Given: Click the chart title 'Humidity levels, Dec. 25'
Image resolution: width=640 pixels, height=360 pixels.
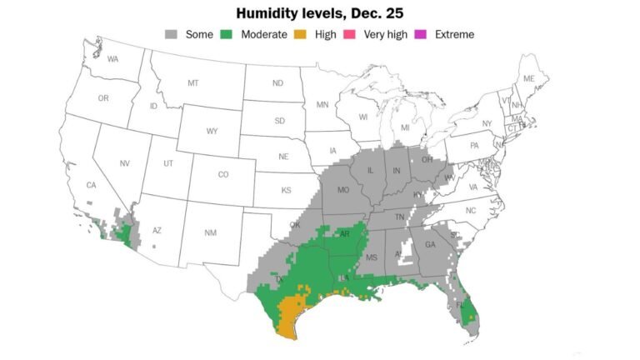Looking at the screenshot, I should pyautogui.click(x=320, y=13).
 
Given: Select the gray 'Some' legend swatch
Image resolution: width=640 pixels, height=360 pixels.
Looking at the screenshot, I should pyautogui.click(x=172, y=34).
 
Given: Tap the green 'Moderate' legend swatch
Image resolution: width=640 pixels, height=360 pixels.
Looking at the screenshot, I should pyautogui.click(x=227, y=34).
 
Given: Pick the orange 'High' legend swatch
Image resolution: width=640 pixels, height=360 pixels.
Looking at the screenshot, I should pyautogui.click(x=302, y=34).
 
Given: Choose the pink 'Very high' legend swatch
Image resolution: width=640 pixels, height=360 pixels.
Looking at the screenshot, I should pyautogui.click(x=350, y=34).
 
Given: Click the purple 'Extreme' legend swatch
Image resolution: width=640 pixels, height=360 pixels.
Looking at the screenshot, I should pyautogui.click(x=422, y=34).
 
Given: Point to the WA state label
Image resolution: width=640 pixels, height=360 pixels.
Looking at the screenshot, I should pyautogui.click(x=113, y=59).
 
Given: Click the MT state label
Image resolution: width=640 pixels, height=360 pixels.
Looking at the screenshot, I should pyautogui.click(x=193, y=83).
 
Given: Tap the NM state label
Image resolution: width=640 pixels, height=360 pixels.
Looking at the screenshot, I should pyautogui.click(x=210, y=232).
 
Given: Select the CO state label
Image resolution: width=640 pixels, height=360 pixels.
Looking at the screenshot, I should pyautogui.click(x=222, y=175).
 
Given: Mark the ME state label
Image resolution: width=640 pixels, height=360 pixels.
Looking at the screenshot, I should pyautogui.click(x=528, y=79).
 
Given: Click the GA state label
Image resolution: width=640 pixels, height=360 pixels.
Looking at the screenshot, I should pyautogui.click(x=430, y=245).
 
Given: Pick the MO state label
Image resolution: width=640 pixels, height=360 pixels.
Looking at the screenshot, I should pyautogui.click(x=342, y=191).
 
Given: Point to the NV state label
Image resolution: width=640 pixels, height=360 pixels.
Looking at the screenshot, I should pyautogui.click(x=126, y=163).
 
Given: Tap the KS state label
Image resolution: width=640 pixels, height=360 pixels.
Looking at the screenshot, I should pyautogui.click(x=286, y=190).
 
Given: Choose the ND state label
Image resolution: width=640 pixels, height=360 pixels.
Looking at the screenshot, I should pyautogui.click(x=277, y=83).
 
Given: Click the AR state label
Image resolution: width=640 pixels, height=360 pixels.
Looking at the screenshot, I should pyautogui.click(x=345, y=234).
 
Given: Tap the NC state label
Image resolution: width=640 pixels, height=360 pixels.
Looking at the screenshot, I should pyautogui.click(x=471, y=211).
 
